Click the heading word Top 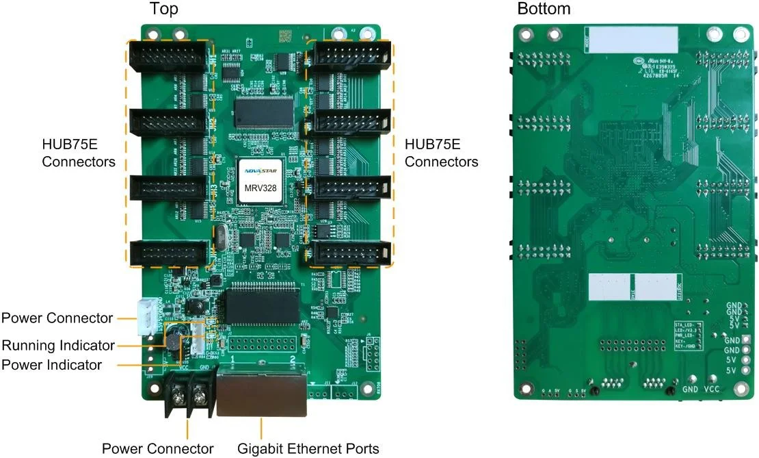click(164, 9)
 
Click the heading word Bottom click(544, 9)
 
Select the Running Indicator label click(58, 344)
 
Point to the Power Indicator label click(52, 365)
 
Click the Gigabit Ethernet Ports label click(308, 449)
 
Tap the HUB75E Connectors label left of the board click(79, 153)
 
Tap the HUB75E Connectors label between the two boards click(441, 153)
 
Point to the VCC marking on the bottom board click(711, 389)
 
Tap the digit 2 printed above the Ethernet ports click(293, 359)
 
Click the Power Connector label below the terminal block click(158, 449)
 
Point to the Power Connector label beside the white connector click(57, 318)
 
